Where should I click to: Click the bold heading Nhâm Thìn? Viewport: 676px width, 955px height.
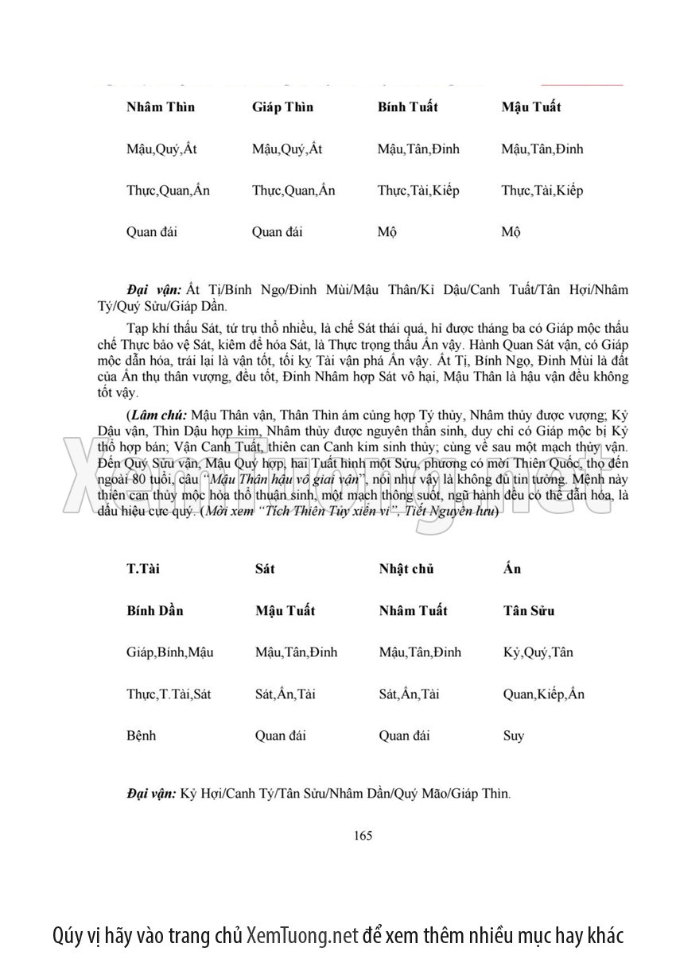(x=161, y=107)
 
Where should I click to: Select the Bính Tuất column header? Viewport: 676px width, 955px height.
(x=408, y=107)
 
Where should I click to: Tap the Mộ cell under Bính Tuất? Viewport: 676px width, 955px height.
(x=387, y=232)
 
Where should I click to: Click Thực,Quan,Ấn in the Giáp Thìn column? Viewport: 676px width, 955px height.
(x=293, y=191)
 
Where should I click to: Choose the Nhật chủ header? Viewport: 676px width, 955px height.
(x=406, y=569)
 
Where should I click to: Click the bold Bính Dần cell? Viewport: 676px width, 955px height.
(x=155, y=610)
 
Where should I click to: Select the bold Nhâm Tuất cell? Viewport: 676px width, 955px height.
(x=413, y=610)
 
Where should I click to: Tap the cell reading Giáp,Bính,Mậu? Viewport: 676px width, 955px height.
(x=170, y=652)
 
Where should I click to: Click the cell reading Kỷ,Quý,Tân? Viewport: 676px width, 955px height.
(x=538, y=652)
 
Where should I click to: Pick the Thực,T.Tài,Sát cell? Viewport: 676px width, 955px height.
(x=169, y=694)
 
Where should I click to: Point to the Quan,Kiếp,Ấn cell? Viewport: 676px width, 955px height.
(x=544, y=694)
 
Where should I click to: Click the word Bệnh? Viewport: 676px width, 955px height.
(x=142, y=735)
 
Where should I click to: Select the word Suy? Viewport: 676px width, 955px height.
(x=514, y=736)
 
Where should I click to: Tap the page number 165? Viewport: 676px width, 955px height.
(x=363, y=834)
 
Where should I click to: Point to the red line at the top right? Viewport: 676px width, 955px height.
(x=582, y=83)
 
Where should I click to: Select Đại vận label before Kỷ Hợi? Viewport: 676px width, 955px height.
(x=150, y=793)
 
